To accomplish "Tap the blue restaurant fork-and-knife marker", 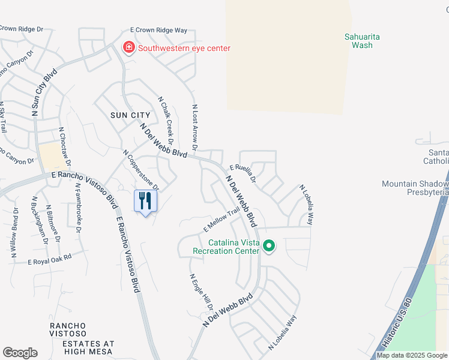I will pyautogui.click(x=145, y=200).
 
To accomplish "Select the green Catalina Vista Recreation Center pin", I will pyautogui.click(x=270, y=246).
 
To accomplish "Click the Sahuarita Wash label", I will pyautogui.click(x=362, y=41).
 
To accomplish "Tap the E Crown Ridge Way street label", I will pyautogui.click(x=159, y=30).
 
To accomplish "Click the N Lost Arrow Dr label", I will pyautogui.click(x=194, y=127).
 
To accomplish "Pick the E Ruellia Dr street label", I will pyautogui.click(x=243, y=175).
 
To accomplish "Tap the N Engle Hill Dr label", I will pyautogui.click(x=202, y=293).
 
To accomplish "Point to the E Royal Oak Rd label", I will pyautogui.click(x=50, y=259).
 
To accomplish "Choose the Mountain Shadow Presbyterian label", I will pyautogui.click(x=415, y=188).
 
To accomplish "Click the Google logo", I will pyautogui.click(x=20, y=353).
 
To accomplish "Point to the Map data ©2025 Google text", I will pyautogui.click(x=412, y=355).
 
